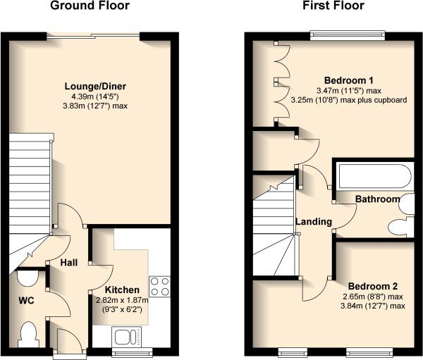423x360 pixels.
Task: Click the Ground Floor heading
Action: [x=90, y=6]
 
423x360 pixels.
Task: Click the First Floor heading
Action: [x=333, y=6]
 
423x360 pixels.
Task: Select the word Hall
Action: [x=68, y=263]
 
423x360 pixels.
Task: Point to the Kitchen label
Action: [x=122, y=290]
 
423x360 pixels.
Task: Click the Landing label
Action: [x=313, y=222]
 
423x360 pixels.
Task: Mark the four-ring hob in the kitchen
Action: [x=159, y=287]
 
